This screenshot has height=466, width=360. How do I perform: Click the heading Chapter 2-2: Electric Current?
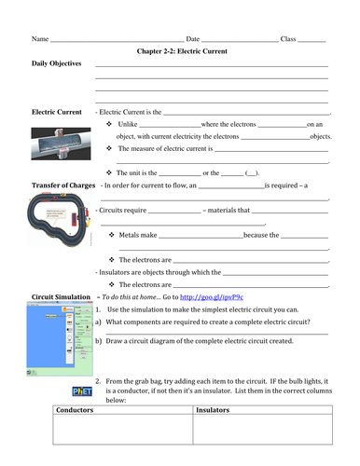coord(181,51)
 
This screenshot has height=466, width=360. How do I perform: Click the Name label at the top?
coord(39,39)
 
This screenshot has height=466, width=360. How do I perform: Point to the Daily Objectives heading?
coord(57,64)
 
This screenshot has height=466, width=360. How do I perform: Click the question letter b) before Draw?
coord(97,341)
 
